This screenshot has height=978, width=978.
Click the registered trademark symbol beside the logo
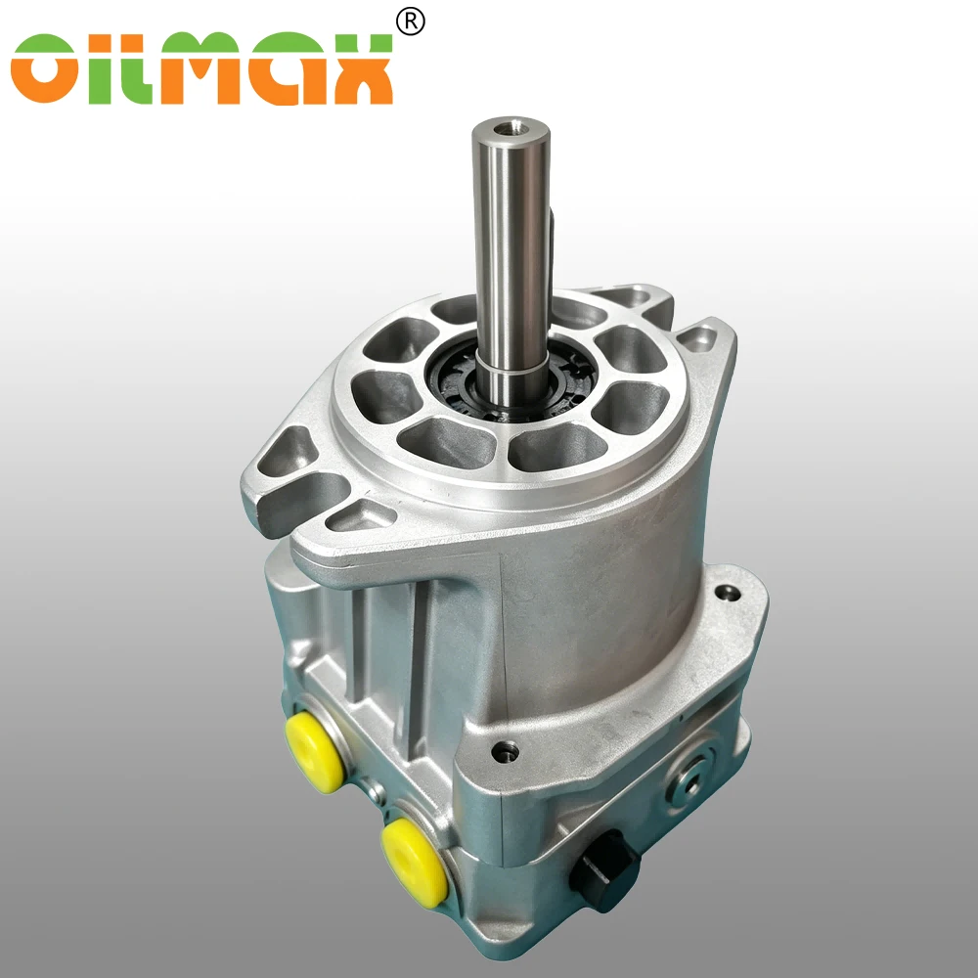coord(411,22)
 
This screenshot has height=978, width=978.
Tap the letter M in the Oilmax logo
coord(199,68)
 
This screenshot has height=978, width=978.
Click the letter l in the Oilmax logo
coord(137,68)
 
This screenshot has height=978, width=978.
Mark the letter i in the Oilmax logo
coord(100,68)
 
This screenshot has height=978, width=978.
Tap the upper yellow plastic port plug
coord(314,752)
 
